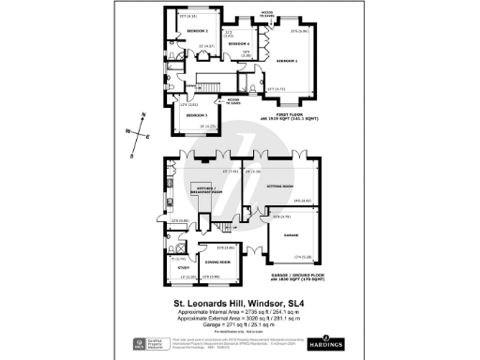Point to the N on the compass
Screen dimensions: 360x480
pyautogui.click(x=143, y=114)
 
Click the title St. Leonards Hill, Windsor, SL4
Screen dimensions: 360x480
pyautogui.click(x=239, y=303)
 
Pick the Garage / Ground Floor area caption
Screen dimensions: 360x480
pyautogui.click(x=295, y=278)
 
